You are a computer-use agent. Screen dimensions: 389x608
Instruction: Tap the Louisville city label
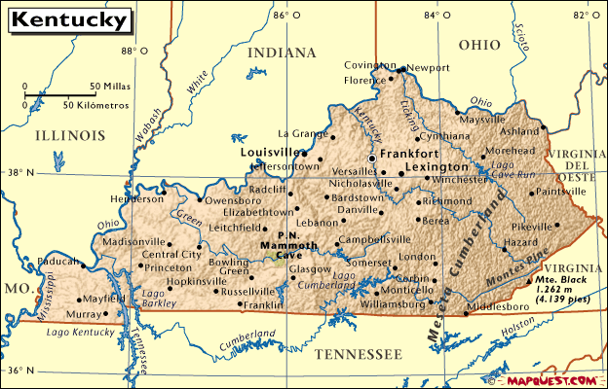point(270,153)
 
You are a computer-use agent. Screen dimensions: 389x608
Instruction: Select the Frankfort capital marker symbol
point(371,157)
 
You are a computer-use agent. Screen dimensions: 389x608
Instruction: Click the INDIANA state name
point(282,52)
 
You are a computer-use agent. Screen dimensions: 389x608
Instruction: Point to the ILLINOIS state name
point(69,135)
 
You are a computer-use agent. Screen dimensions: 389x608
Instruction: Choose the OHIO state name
point(478,44)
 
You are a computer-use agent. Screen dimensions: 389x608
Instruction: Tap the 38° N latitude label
point(19,173)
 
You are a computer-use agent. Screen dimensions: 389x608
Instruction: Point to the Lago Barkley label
point(153,298)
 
